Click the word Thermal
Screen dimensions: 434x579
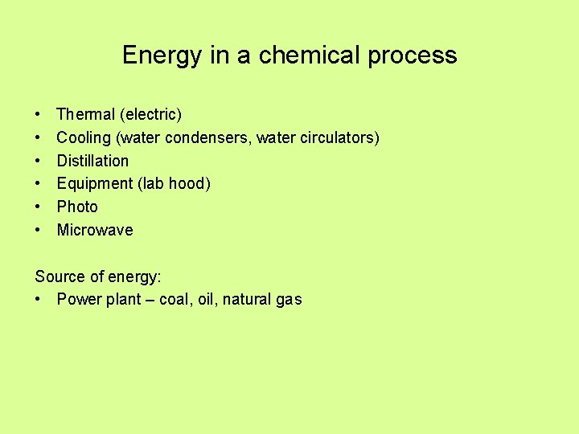click(x=85, y=114)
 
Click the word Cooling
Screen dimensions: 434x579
click(x=84, y=137)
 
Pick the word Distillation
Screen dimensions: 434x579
click(x=92, y=161)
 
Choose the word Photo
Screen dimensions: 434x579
click(x=77, y=207)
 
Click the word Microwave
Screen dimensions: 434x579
click(x=95, y=230)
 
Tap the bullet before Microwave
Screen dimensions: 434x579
click(x=38, y=230)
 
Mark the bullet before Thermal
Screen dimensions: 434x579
click(x=38, y=114)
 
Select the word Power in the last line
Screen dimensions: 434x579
click(x=78, y=300)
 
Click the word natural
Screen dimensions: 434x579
click(x=248, y=300)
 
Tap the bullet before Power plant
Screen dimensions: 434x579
click(x=38, y=300)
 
